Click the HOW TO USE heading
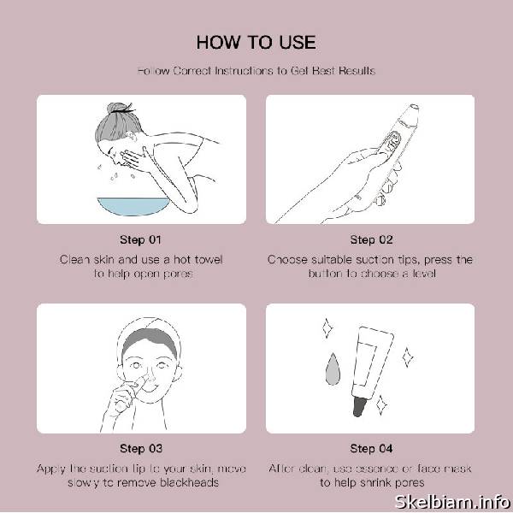[x=256, y=43]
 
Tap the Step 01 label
[x=140, y=239]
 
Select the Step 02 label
[x=371, y=239]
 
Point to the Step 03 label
[x=141, y=449]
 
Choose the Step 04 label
[x=371, y=449]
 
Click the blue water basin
[x=133, y=206]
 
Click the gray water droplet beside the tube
[x=333, y=369]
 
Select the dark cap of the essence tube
[x=359, y=406]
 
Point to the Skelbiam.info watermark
[x=452, y=502]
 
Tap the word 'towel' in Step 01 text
[x=209, y=260]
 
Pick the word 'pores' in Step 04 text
[x=410, y=483]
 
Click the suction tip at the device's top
[x=414, y=107]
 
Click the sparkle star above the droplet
[x=327, y=327]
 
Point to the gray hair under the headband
[x=150, y=341]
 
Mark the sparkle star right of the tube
[x=408, y=357]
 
